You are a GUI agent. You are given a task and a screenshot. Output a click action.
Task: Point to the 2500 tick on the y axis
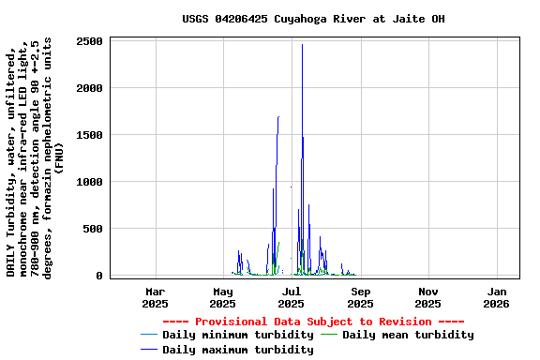89,41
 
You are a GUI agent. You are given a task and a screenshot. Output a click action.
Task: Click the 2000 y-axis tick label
89,88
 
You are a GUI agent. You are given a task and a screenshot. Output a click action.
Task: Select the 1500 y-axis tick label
89,135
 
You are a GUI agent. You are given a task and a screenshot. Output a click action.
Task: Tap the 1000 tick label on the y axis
89,182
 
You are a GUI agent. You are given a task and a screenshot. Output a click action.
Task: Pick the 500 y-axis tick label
93,229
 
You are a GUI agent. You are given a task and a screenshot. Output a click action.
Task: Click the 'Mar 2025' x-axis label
155,297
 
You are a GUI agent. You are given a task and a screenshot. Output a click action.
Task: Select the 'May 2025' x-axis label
223,297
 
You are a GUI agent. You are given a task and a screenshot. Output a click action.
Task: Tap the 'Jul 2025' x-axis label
292,297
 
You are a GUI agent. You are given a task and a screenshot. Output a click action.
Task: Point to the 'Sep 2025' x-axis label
360,297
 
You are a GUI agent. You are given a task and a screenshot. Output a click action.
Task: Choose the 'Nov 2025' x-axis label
428,297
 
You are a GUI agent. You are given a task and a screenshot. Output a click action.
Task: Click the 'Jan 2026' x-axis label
497,297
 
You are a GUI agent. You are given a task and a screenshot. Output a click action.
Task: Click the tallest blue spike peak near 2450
302,45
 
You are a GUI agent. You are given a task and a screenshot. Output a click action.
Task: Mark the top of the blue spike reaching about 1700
278,117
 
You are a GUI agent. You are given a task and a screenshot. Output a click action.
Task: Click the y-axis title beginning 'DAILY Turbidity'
36,157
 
